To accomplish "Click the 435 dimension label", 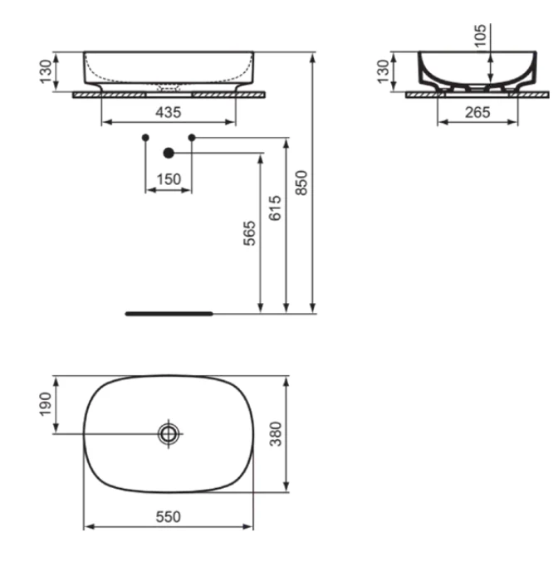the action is click(x=169, y=112).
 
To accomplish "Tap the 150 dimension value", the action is click(x=169, y=179).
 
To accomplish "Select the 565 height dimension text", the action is click(x=250, y=233).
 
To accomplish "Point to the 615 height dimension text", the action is click(x=275, y=208).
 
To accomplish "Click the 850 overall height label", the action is click(x=301, y=183).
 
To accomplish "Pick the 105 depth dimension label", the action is click(x=481, y=36).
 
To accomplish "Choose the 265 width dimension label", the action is click(x=477, y=112).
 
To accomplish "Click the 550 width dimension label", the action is click(x=169, y=517).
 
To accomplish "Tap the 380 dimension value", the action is click(x=276, y=434).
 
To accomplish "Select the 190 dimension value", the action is click(x=45, y=404).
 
